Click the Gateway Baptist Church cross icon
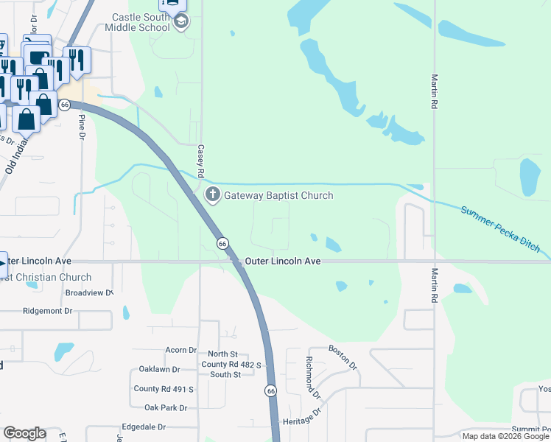[213, 195]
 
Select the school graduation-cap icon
[180, 22]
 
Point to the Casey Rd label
[200, 158]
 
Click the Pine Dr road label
[82, 126]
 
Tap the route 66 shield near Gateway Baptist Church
[222, 243]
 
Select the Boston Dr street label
[343, 357]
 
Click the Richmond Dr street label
[314, 378]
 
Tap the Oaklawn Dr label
[160, 369]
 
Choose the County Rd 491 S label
[163, 388]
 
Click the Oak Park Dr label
[166, 407]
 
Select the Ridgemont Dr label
[49, 311]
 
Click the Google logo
[24, 433]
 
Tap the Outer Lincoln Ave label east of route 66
[283, 261]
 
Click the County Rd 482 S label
[231, 364]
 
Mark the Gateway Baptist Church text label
[278, 195]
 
